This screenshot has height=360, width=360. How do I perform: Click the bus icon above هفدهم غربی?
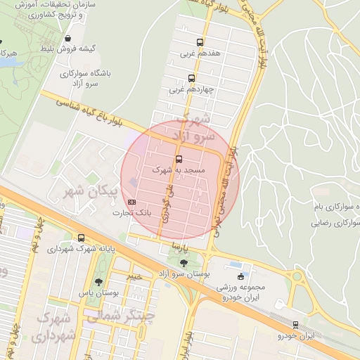(200, 42)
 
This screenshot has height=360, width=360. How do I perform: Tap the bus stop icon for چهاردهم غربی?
(191, 79)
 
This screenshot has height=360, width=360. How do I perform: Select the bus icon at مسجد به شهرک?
(179, 159)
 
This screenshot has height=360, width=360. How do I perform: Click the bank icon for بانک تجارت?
(134, 202)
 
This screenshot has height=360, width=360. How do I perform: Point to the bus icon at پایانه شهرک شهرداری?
(82, 238)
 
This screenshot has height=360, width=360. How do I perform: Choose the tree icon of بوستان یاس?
(98, 282)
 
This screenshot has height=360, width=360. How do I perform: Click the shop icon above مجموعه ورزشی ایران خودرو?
(241, 276)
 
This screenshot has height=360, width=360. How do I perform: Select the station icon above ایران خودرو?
(295, 325)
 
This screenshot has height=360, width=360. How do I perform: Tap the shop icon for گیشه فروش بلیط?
(67, 39)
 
